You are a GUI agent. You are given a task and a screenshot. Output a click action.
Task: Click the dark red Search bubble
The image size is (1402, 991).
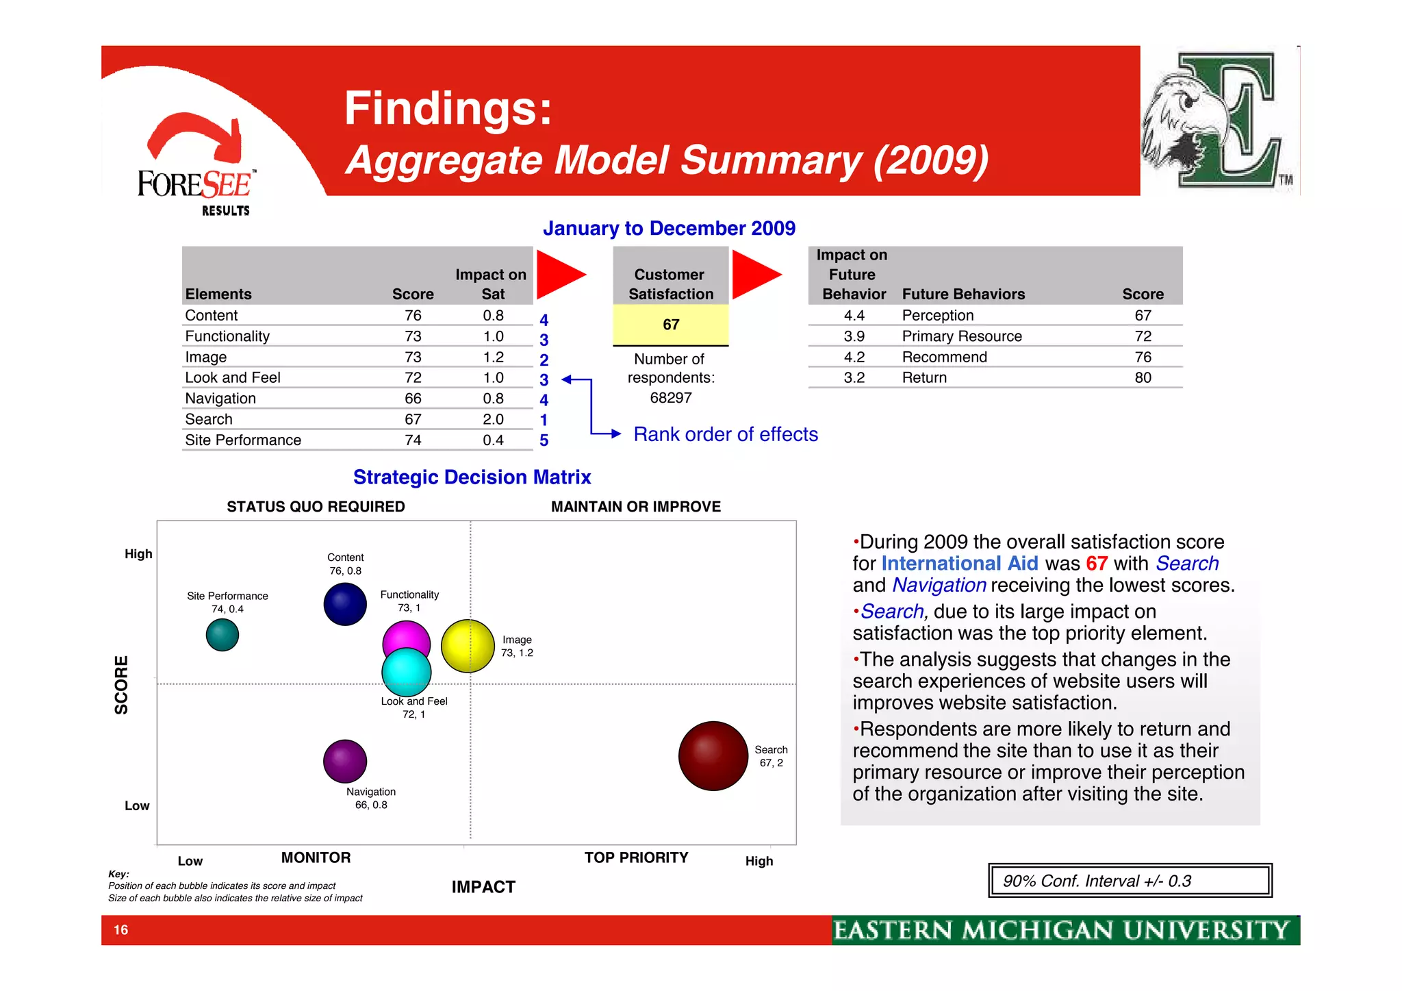tap(713, 755)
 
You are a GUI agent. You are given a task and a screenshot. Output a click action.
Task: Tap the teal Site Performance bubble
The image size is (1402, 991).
tap(222, 635)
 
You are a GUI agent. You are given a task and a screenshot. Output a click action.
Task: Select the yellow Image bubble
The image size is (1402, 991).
tap(468, 646)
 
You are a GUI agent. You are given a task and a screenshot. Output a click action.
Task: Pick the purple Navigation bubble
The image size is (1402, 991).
tap(345, 761)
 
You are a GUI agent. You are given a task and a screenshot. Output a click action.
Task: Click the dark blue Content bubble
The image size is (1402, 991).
tap(345, 604)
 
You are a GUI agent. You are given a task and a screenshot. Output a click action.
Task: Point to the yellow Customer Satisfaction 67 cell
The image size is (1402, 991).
tap(670, 325)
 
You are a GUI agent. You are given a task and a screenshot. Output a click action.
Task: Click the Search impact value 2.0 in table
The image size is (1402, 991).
tap(493, 419)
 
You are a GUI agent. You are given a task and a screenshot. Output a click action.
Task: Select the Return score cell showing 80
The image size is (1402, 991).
tap(1143, 377)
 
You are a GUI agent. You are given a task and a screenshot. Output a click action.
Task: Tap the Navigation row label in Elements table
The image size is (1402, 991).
tap(220, 399)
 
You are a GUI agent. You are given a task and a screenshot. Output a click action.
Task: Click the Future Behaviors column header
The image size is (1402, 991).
tap(963, 294)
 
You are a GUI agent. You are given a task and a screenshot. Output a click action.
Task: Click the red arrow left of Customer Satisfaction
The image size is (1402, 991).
tap(559, 275)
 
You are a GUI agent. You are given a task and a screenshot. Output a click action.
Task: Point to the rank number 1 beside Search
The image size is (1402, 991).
tap(544, 420)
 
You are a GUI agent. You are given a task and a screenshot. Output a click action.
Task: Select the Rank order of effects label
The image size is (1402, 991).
tap(726, 434)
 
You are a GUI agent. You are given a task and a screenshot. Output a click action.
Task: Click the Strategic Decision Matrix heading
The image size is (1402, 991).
tap(472, 477)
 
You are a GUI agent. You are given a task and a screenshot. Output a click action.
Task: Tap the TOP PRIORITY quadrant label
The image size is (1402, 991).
tap(636, 857)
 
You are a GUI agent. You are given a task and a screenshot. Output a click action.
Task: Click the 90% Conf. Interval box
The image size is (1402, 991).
tap(1130, 881)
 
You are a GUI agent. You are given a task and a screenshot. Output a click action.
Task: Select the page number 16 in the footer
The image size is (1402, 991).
tap(121, 930)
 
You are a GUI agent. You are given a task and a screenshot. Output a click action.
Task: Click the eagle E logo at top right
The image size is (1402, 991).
tap(1219, 121)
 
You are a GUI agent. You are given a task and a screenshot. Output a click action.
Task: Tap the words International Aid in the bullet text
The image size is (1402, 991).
tap(959, 564)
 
